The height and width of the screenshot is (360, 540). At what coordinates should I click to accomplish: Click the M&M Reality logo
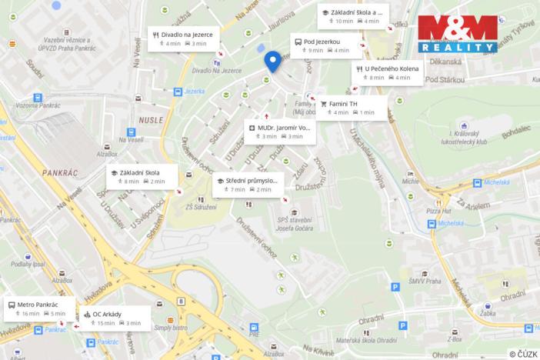coord(458,33)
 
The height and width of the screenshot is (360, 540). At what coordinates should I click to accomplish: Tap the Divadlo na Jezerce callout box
coord(185,38)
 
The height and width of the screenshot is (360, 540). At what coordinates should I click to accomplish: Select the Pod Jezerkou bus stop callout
coord(322,45)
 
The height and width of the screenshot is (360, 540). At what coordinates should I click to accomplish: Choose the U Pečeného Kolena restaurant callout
coord(387,73)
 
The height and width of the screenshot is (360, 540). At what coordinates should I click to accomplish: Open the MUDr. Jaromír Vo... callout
coord(279,131)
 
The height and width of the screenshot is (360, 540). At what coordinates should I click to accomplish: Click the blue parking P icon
coord(395,287)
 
